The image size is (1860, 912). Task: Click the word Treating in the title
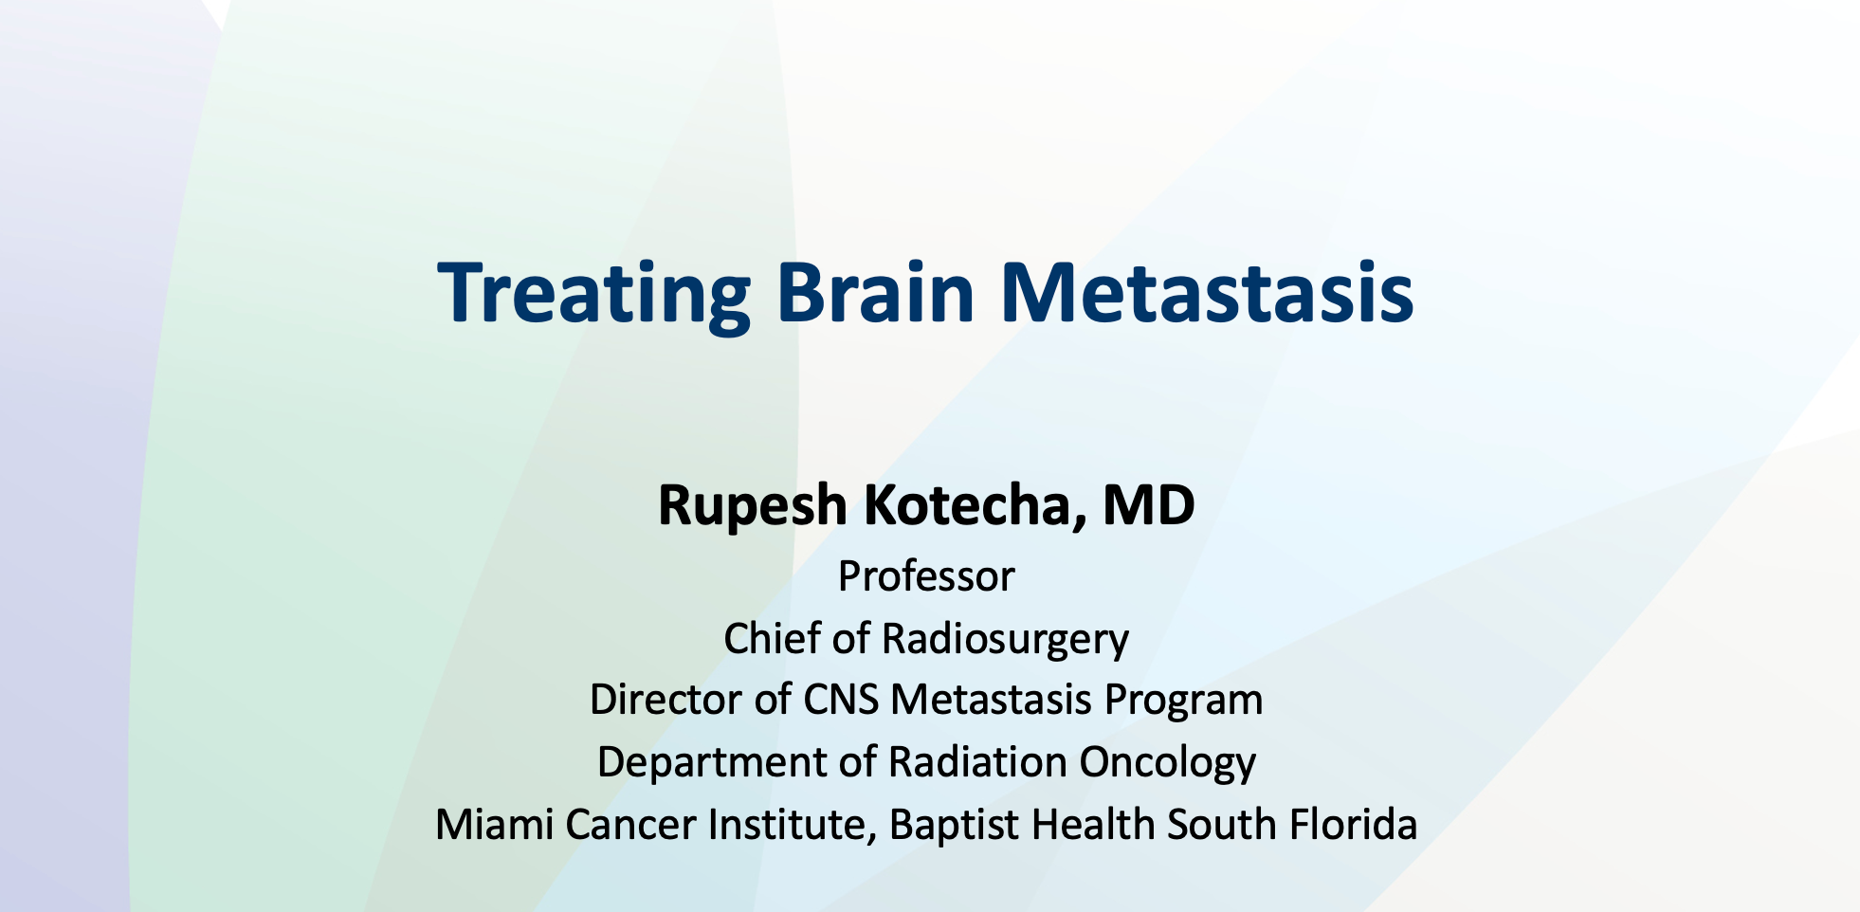593,294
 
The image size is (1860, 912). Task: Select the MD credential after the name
1148,504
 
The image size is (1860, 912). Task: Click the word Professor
926,576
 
